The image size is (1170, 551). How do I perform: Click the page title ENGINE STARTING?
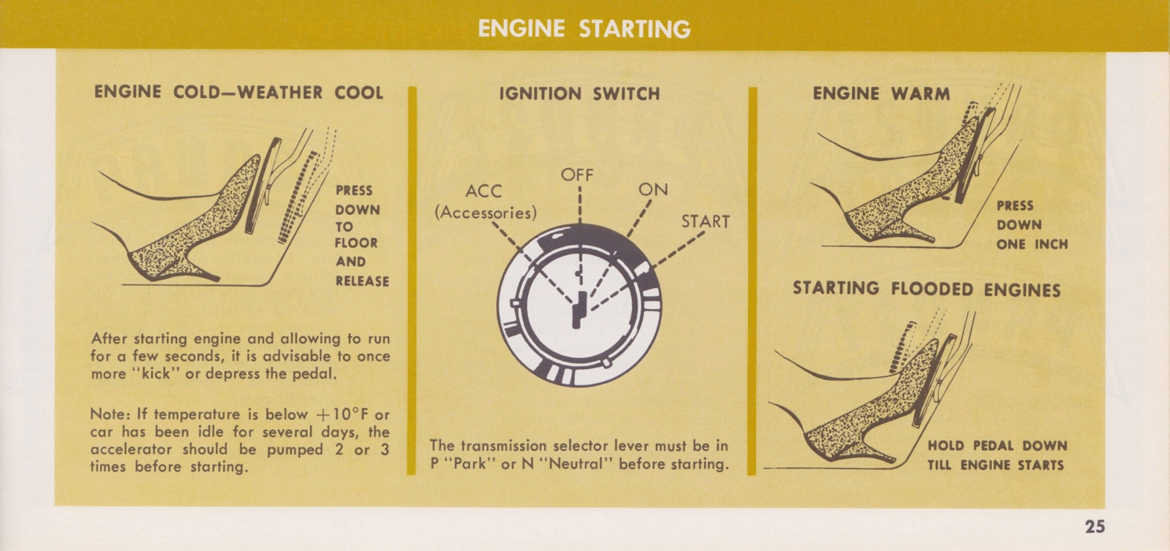(x=584, y=28)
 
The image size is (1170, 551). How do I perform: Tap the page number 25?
(x=1095, y=526)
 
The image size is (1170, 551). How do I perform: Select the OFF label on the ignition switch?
(x=577, y=175)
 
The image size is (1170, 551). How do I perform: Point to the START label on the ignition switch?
(x=706, y=221)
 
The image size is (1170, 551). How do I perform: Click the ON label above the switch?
(x=653, y=189)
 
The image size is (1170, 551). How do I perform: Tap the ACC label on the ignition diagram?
(x=484, y=191)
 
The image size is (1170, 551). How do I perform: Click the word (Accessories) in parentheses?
(x=486, y=213)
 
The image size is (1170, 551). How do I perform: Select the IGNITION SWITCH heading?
(x=579, y=94)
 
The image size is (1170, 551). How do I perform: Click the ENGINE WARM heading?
(x=881, y=94)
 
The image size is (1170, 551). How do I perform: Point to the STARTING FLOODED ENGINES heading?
(x=926, y=289)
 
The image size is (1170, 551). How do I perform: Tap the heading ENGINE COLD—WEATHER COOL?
(x=238, y=92)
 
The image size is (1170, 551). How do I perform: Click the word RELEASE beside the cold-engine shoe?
(x=362, y=281)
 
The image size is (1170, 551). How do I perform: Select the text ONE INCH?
(x=1032, y=244)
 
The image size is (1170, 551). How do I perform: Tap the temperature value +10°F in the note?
(x=332, y=414)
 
